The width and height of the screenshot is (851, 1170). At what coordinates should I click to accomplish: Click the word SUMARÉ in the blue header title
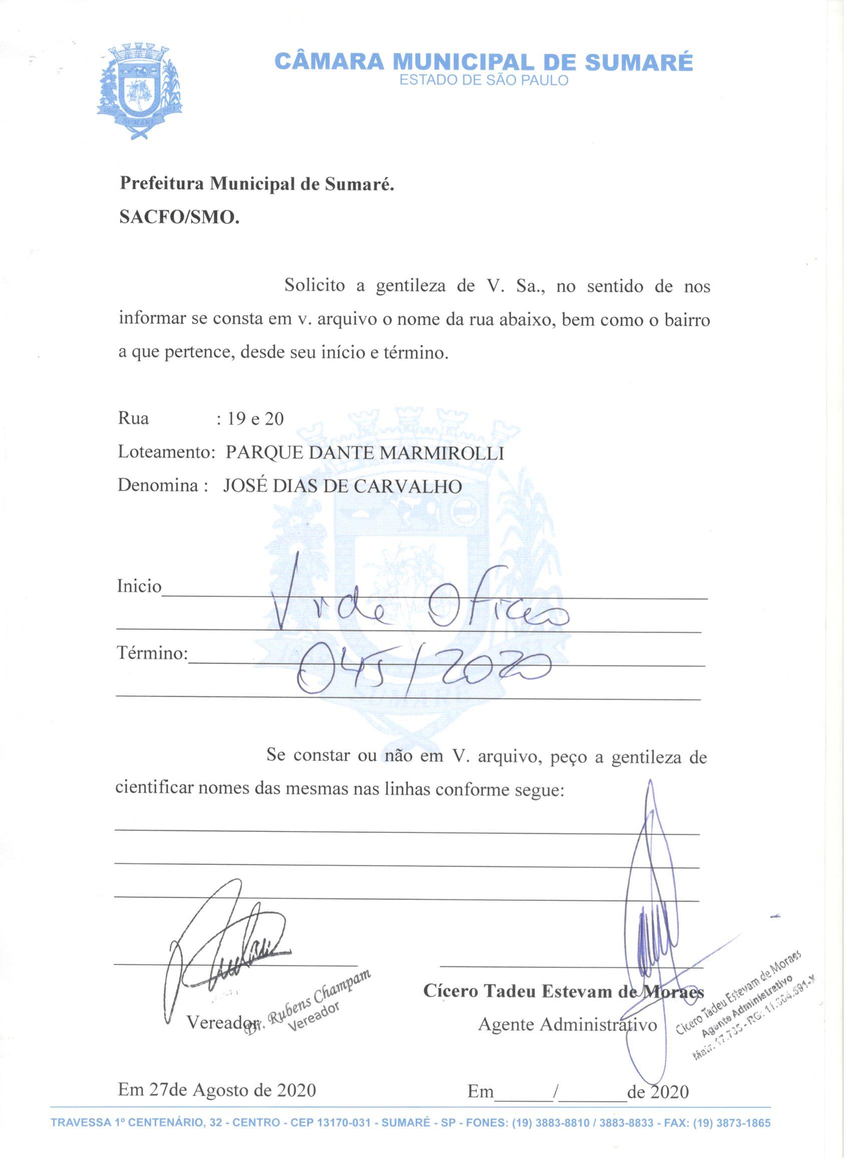pos(638,63)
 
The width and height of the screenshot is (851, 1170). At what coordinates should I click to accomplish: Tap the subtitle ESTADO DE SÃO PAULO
pos(484,81)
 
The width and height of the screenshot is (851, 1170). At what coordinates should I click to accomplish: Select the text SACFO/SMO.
pos(179,218)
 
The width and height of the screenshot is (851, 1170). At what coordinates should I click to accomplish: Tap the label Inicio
pos(139,587)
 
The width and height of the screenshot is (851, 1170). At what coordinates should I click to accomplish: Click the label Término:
pos(152,654)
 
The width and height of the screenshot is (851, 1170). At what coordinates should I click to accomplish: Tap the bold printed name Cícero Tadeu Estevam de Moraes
pos(563,991)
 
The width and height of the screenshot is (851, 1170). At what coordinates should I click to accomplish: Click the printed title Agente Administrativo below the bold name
pos(567,1024)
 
